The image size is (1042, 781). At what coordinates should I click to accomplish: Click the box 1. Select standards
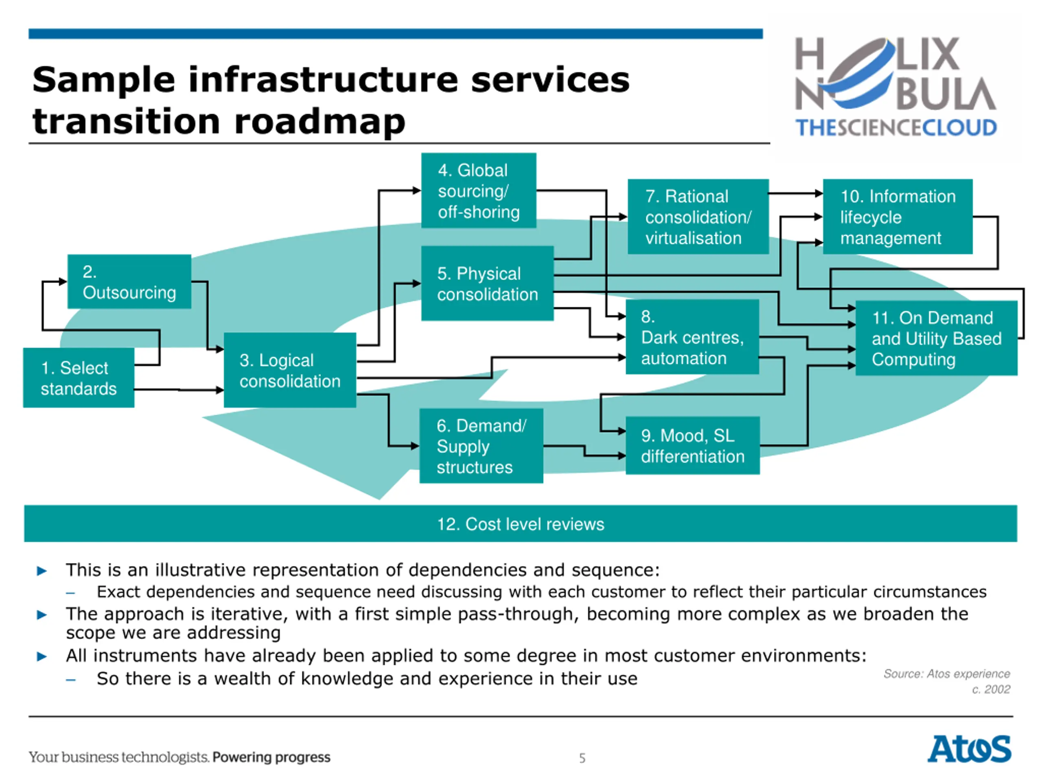pos(79,377)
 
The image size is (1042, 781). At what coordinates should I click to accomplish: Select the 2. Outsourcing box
pos(129,281)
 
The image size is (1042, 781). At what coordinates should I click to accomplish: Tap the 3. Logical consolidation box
pos(290,370)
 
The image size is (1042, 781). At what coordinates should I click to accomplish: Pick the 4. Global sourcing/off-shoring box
pos(478,191)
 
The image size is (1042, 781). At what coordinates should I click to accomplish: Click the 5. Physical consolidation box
pos(487,284)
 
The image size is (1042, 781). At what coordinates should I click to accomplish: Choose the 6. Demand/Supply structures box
pos(481,446)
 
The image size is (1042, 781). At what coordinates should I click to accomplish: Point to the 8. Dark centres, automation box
pos(692,337)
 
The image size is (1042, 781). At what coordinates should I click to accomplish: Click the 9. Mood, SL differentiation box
pos(692,445)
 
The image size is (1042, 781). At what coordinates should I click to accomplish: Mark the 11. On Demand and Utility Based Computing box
pos(936,338)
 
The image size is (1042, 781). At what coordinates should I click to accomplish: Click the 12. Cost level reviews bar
pos(521,524)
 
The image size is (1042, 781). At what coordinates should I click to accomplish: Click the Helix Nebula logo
pos(895,87)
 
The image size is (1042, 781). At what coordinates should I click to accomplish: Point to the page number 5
pos(582,758)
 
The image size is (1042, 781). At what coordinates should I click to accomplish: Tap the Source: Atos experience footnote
pos(946,674)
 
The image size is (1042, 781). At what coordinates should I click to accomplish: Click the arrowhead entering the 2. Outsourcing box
pos(63,281)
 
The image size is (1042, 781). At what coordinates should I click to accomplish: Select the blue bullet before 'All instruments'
pos(42,656)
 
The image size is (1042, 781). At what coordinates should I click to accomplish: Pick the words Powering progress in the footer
pos(271,757)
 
